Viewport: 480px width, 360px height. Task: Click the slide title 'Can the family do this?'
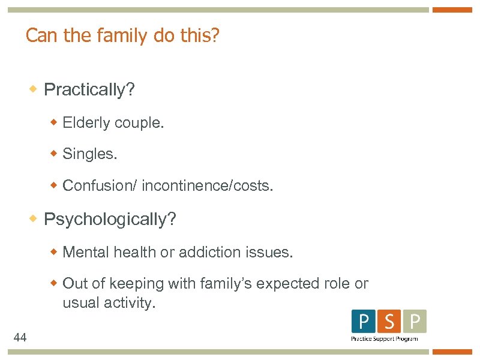(122, 37)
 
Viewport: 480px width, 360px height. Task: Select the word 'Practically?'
(89, 90)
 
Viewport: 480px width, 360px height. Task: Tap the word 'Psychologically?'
(110, 219)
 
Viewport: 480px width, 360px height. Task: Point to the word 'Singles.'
(90, 154)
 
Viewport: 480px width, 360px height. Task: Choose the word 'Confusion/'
(100, 186)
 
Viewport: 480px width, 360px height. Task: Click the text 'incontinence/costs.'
(208, 186)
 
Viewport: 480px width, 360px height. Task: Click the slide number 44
(20, 338)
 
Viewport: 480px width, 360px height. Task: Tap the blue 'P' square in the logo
(364, 322)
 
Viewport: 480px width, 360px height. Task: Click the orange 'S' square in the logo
(389, 322)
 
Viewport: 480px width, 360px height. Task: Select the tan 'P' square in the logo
(414, 322)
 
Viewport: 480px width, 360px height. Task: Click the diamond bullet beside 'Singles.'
(54, 154)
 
